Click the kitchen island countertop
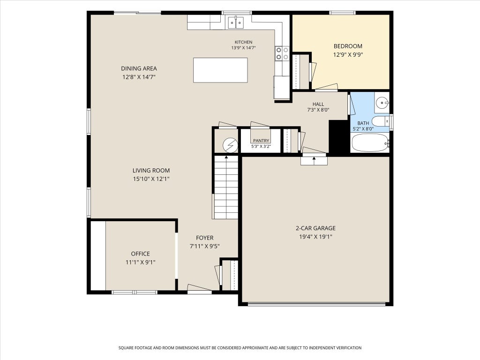click(x=220, y=70)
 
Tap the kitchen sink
click(x=236, y=22)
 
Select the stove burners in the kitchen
click(x=282, y=53)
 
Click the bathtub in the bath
click(x=370, y=142)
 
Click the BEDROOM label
click(x=348, y=46)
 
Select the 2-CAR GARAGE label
click(x=315, y=228)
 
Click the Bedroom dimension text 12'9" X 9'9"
click(x=348, y=55)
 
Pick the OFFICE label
click(x=141, y=254)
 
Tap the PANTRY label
click(x=261, y=141)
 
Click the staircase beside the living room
click(x=226, y=187)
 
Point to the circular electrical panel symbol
click(x=230, y=145)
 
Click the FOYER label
click(x=205, y=238)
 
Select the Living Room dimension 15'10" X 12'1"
click(x=151, y=179)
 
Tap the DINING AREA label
click(x=139, y=68)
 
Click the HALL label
click(x=318, y=104)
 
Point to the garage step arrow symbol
click(x=314, y=159)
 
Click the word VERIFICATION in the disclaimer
click(x=346, y=348)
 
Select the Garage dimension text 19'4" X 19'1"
click(x=315, y=237)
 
